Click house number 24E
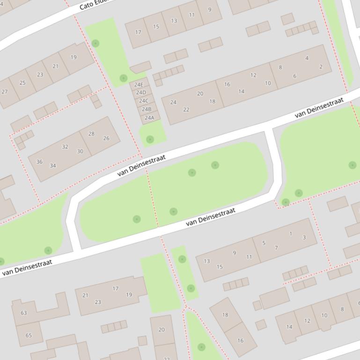coord(139,85)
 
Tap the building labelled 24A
coord(149,118)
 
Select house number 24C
coord(144,101)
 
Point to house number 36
coord(39,162)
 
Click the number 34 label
coord(53,166)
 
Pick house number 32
coord(65,147)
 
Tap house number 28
coord(91,134)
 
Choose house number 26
coord(106,138)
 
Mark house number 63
coord(23,313)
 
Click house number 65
coord(29,335)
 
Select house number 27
coord(5,92)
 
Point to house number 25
coord(22,83)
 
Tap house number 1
coord(291,234)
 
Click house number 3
coord(304,238)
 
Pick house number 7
coord(276,248)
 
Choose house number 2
coord(321,67)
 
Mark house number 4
coord(307,58)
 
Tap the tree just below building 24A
coord(150,139)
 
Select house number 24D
coord(141,93)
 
